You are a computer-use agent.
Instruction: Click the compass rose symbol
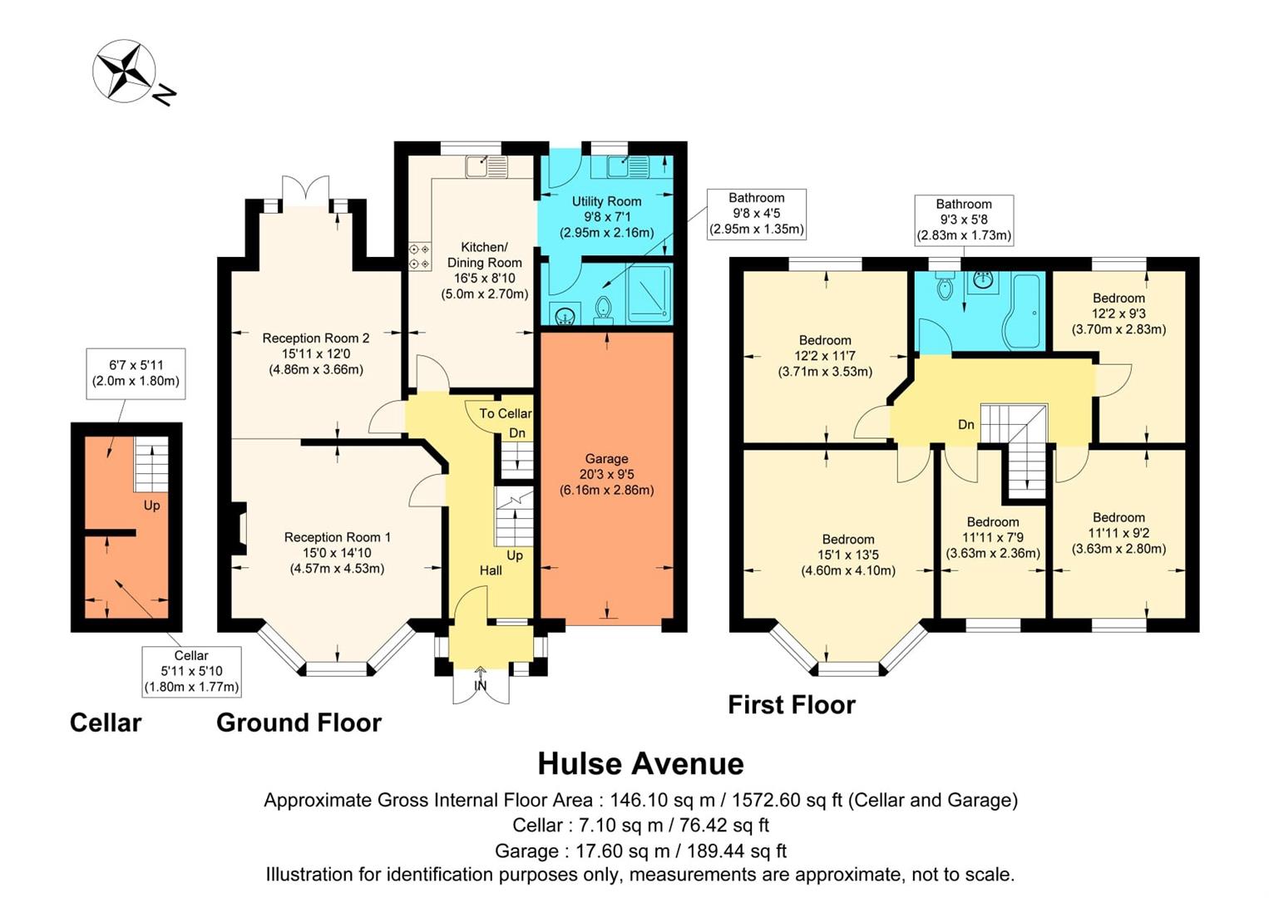[x=125, y=71]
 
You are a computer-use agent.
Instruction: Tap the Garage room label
[x=606, y=474]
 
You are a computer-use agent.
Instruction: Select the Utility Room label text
[x=606, y=216]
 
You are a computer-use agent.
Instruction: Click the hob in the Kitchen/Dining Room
[x=419, y=256]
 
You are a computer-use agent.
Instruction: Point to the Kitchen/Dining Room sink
[x=486, y=167]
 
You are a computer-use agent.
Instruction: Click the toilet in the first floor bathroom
[x=944, y=288]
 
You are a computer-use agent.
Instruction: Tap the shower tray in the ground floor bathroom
[x=649, y=294]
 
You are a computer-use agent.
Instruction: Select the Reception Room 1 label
[x=337, y=553]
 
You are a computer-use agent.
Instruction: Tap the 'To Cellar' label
[x=505, y=413]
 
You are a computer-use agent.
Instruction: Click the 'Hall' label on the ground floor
[x=491, y=570]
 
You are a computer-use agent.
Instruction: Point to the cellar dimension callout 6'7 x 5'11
[x=136, y=373]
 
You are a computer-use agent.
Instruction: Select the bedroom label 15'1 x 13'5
[x=848, y=555]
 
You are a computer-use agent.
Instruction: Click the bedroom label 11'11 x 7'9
[x=993, y=537]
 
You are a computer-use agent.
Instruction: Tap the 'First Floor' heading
[x=791, y=705]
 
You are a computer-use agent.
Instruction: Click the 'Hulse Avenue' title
[x=640, y=763]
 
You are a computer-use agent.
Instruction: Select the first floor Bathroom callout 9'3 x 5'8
[x=964, y=220]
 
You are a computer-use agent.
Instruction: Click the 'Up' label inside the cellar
[x=151, y=506]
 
